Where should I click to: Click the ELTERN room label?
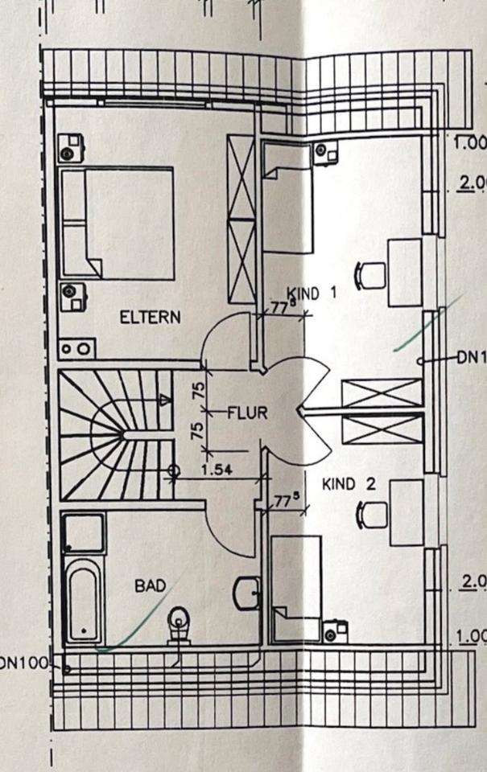pyautogui.click(x=151, y=318)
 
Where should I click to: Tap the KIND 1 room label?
pyautogui.click(x=312, y=294)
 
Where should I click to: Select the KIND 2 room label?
pyautogui.click(x=349, y=484)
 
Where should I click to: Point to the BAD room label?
pyautogui.click(x=150, y=586)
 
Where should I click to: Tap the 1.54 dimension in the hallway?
pyautogui.click(x=214, y=470)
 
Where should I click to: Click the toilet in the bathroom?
pyautogui.click(x=178, y=624)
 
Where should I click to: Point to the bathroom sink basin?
pyautogui.click(x=246, y=593)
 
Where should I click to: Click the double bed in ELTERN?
pyautogui.click(x=118, y=224)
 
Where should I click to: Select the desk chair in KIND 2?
pyautogui.click(x=369, y=513)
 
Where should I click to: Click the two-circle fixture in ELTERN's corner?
pyautogui.click(x=76, y=349)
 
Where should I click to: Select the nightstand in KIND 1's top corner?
pyautogui.click(x=325, y=150)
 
